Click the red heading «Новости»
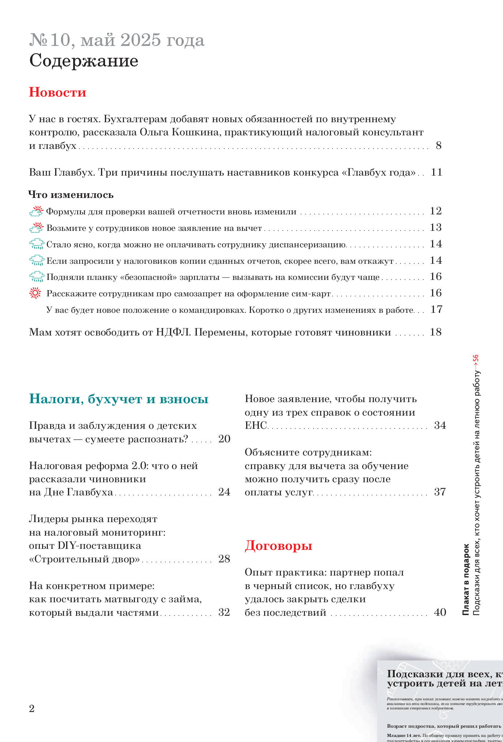point(57,92)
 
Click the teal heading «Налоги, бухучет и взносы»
point(119,399)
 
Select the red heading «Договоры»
point(278,545)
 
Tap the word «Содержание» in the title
point(84,61)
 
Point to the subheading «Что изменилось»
point(71,195)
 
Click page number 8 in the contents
point(439,146)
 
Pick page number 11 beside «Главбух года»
point(436,172)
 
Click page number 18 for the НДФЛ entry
point(436,332)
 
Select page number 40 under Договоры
point(440,612)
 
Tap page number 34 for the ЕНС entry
point(440,425)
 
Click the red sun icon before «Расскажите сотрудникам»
point(35,293)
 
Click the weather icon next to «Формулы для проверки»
point(36,211)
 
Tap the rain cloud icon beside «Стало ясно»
point(36,244)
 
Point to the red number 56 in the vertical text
point(476,359)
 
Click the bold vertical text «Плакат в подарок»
point(466,579)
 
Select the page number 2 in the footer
point(32,709)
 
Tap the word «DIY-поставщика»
point(100,546)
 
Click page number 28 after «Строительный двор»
point(224,559)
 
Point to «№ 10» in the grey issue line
point(50,40)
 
